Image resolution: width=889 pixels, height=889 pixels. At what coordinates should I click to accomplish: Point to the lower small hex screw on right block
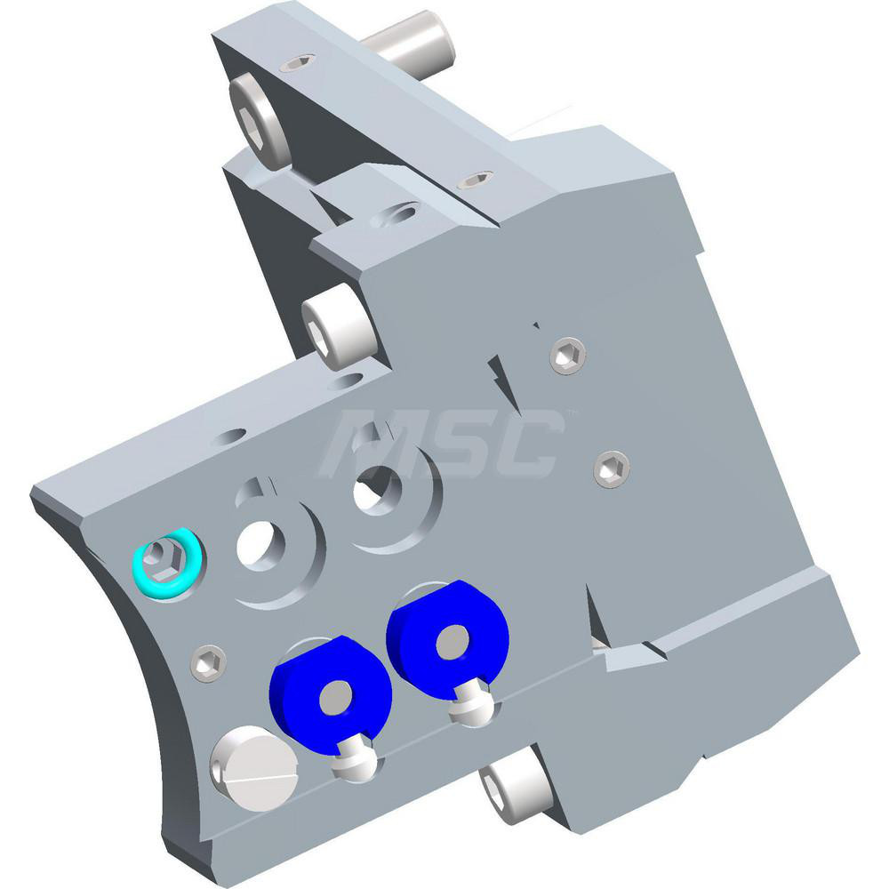pyautogui.click(x=611, y=467)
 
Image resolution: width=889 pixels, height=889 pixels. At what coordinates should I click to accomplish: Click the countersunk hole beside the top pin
pyautogui.click(x=296, y=63)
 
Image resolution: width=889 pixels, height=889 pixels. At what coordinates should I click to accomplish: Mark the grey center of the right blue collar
pyautogui.click(x=453, y=639)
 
